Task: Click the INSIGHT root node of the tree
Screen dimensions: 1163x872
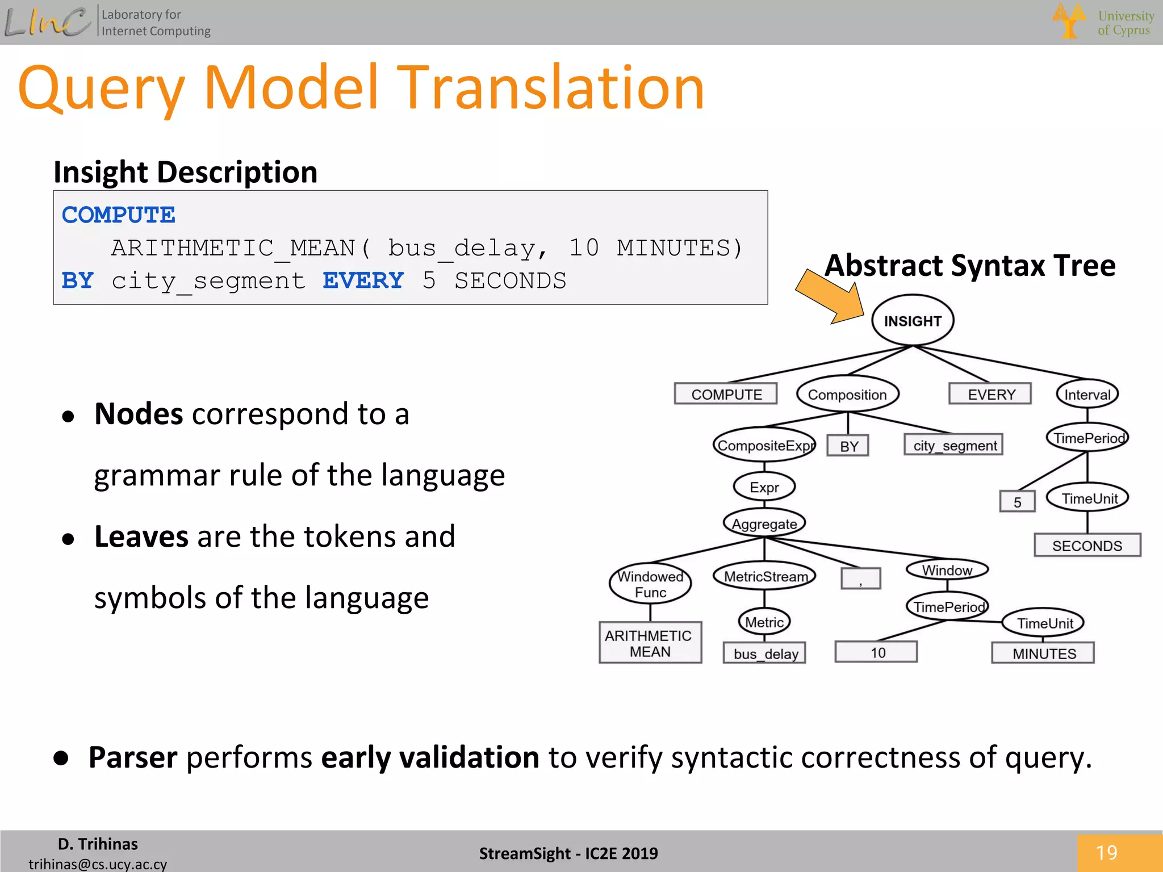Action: coord(912,321)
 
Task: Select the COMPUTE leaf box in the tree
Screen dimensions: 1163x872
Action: coord(726,394)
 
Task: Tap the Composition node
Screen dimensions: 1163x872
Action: coord(847,395)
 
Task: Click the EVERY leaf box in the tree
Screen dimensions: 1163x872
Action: coord(991,394)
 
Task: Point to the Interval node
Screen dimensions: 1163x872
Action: coord(1087,395)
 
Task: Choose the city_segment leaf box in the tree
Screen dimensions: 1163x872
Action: coord(954,446)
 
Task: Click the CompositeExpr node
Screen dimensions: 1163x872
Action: coord(764,446)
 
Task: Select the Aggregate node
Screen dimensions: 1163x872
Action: coord(764,524)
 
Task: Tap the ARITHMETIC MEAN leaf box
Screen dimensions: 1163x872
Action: coord(650,643)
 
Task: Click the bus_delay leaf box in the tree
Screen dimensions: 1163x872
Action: coord(765,653)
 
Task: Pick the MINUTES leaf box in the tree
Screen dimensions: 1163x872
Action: coord(1044,653)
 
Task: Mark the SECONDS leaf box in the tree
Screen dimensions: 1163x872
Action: coord(1087,546)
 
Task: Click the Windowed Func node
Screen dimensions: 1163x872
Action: coord(650,584)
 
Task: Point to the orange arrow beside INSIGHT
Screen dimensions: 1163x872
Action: coord(829,297)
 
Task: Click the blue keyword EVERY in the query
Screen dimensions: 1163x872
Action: coord(363,280)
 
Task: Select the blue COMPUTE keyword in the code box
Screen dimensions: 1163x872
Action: coord(118,215)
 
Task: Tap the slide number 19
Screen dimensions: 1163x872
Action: coord(1106,853)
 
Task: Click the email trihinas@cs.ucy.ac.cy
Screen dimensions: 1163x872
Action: coord(98,863)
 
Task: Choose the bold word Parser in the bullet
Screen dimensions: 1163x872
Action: coord(133,757)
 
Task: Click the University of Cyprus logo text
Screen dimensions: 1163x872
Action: coord(1125,23)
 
